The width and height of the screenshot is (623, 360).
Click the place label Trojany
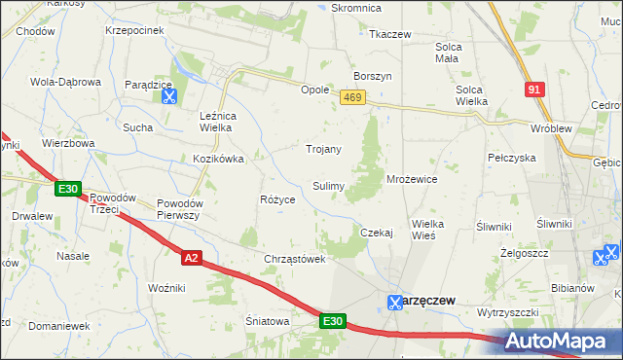[323, 149]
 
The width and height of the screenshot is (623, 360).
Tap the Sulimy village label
[327, 186]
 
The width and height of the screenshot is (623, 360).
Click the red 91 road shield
[533, 90]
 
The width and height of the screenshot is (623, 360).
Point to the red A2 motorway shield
[192, 257]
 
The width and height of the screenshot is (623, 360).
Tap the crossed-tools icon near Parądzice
[168, 95]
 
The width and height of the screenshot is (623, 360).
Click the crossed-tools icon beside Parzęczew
[395, 302]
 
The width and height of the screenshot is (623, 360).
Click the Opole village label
[314, 90]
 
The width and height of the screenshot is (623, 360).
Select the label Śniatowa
[268, 321]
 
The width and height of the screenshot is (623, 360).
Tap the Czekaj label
[376, 233]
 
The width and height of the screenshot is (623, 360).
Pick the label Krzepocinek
[134, 30]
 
